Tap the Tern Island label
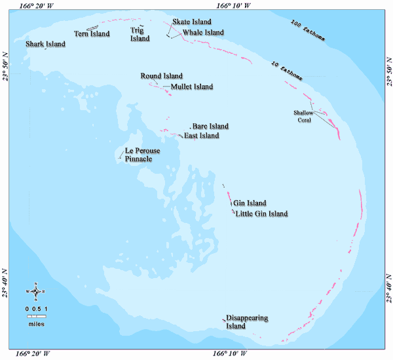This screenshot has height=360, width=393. [x=90, y=34]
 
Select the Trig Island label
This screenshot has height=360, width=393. [x=140, y=35]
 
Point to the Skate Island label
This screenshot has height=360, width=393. [x=192, y=22]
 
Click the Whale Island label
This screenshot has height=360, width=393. [x=203, y=32]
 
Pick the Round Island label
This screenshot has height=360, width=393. [x=161, y=76]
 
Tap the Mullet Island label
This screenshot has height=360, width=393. [x=191, y=87]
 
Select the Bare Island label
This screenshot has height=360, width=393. [x=210, y=126]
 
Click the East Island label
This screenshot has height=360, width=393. [x=201, y=136]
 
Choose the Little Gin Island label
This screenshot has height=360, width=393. [x=261, y=214]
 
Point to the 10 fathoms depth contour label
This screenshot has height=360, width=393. [x=288, y=71]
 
